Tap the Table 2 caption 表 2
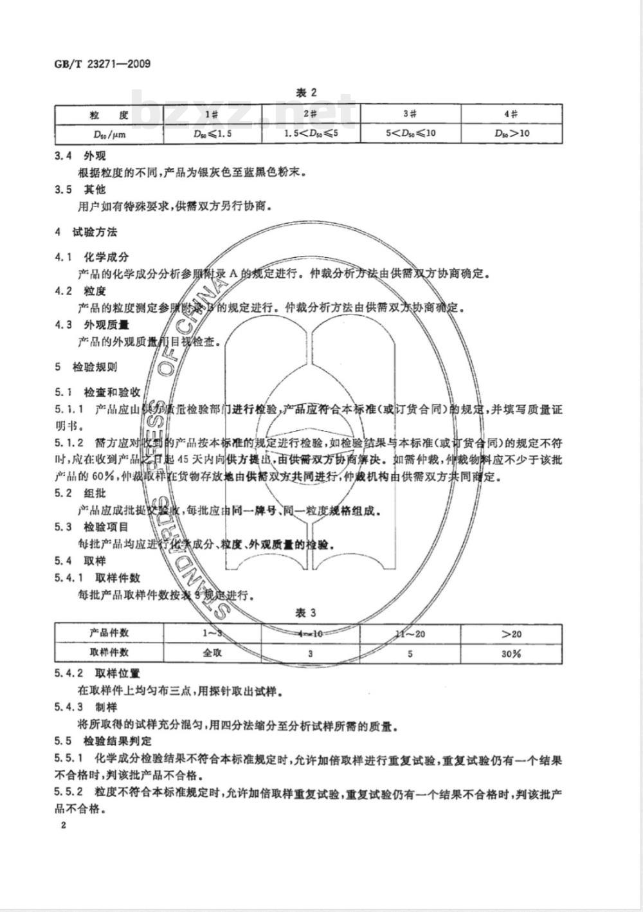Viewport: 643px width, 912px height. pyautogui.click(x=306, y=93)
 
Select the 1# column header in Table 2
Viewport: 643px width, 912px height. pyautogui.click(x=212, y=114)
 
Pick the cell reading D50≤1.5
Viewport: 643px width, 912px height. pyautogui.click(x=212, y=134)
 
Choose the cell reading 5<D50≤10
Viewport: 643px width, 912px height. pyautogui.click(x=410, y=134)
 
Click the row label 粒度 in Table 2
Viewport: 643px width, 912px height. pyautogui.click(x=109, y=114)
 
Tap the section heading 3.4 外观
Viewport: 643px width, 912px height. pyautogui.click(x=80, y=156)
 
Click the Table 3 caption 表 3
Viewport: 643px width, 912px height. pyautogui.click(x=306, y=613)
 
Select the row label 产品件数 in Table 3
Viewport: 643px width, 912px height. pyautogui.click(x=109, y=633)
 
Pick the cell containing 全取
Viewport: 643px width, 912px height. pyautogui.click(x=212, y=653)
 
